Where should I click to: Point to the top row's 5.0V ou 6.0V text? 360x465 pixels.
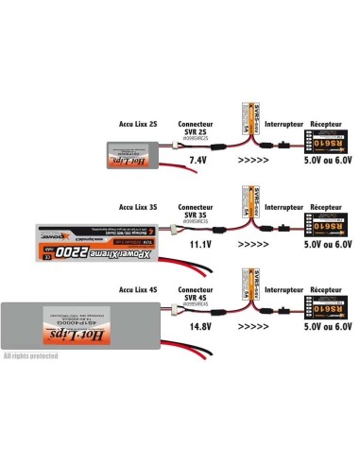pyautogui.click(x=316, y=163)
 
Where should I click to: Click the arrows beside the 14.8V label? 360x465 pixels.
pyautogui.click(x=252, y=324)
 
